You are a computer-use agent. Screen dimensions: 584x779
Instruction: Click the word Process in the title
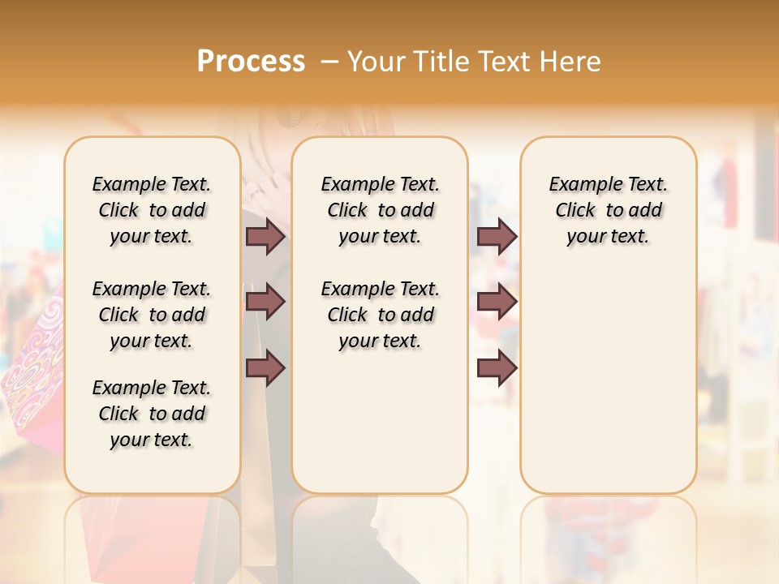[x=251, y=61]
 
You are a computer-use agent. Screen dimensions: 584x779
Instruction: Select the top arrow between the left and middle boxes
[x=265, y=236]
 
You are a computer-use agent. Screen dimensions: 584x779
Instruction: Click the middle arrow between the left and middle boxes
[x=265, y=302]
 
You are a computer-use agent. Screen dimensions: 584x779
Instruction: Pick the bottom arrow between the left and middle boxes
[x=265, y=367]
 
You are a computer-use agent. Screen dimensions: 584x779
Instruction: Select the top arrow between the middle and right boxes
[x=497, y=236]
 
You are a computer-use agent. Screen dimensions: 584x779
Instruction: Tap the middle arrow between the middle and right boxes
[x=497, y=302]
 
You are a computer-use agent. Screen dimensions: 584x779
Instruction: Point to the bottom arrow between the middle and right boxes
[x=497, y=367]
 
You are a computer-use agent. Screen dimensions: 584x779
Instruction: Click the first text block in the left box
[x=152, y=210]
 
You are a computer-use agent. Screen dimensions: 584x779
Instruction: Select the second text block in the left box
[x=152, y=315]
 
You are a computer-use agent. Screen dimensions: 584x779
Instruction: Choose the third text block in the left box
[x=152, y=414]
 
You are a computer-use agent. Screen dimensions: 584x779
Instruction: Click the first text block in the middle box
[x=380, y=210]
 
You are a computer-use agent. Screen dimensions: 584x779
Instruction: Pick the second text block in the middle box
[x=380, y=315]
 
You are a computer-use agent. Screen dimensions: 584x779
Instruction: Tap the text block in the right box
[x=609, y=210]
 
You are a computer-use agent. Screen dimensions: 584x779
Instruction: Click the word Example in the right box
[x=579, y=185]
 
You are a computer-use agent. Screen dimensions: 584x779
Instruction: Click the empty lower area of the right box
[x=609, y=381]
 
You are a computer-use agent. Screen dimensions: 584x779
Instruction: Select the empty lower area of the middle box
[x=380, y=422]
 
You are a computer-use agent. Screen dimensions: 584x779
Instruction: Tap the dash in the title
[x=329, y=62]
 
